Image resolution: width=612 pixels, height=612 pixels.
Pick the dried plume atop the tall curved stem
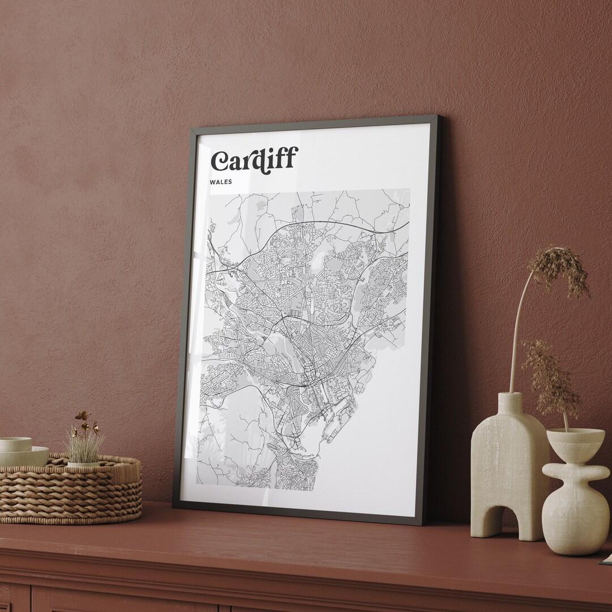[x=558, y=272]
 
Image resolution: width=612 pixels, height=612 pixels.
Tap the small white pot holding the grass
[x=83, y=464]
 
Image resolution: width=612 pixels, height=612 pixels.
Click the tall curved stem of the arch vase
[x=518, y=329]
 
